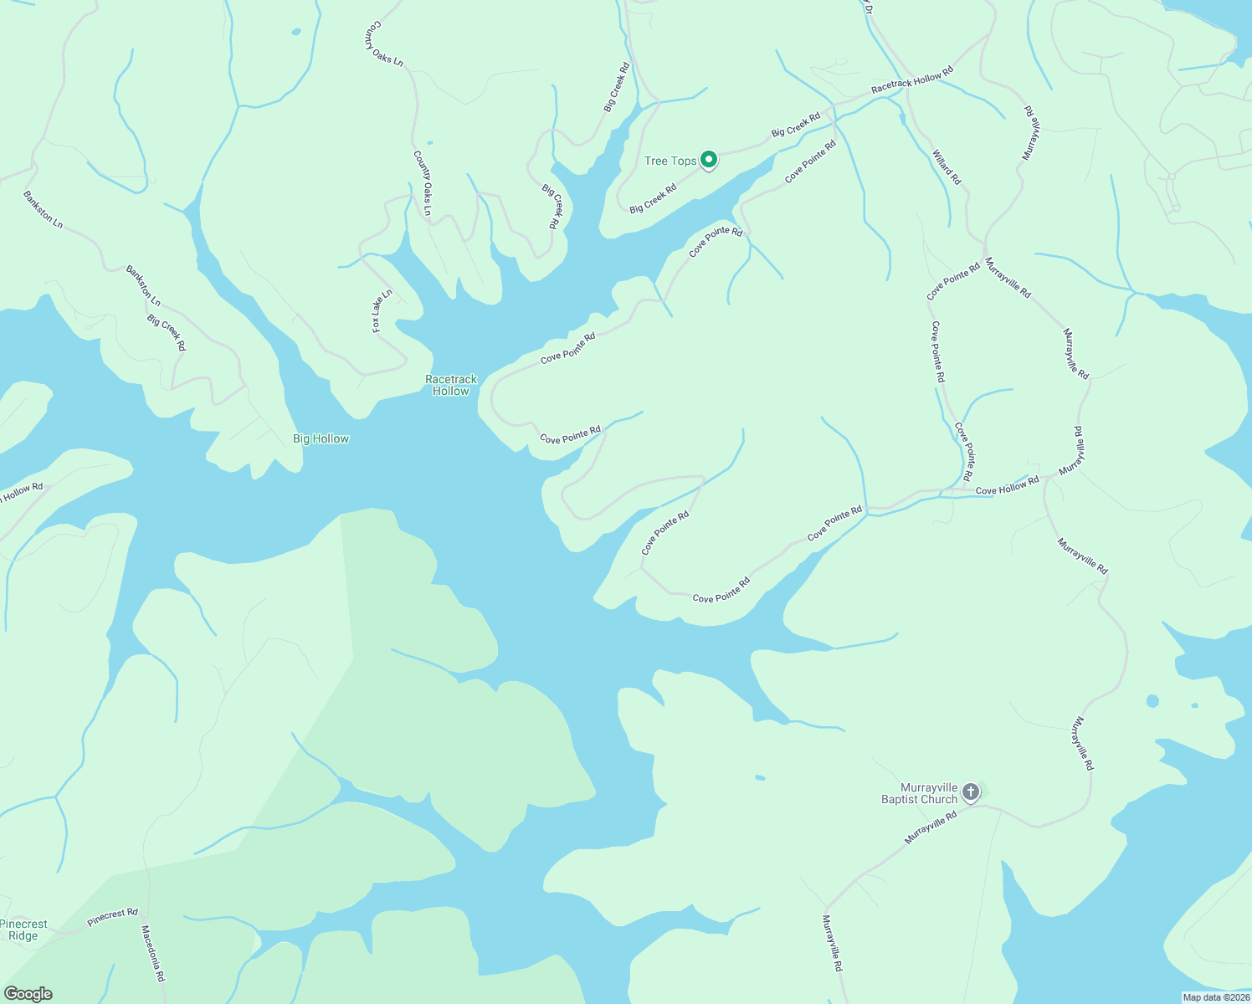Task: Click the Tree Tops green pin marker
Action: pyautogui.click(x=709, y=159)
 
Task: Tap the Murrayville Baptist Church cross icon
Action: pyautogui.click(x=971, y=791)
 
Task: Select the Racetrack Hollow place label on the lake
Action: pyautogui.click(x=451, y=385)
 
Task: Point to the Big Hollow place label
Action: pyautogui.click(x=321, y=438)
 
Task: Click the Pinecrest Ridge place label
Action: pyautogui.click(x=23, y=930)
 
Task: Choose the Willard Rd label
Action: pyautogui.click(x=947, y=166)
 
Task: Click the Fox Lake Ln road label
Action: pyautogui.click(x=382, y=311)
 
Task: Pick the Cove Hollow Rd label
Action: pyautogui.click(x=1007, y=485)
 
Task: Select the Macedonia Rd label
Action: pyautogui.click(x=153, y=953)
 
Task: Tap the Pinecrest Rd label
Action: pyautogui.click(x=112, y=917)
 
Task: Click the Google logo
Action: pyautogui.click(x=28, y=994)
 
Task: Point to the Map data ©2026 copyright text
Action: pyautogui.click(x=1215, y=997)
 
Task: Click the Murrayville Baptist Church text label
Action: pyautogui.click(x=919, y=793)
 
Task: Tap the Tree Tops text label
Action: pyautogui.click(x=670, y=161)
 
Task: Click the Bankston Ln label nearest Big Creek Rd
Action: pyautogui.click(x=143, y=285)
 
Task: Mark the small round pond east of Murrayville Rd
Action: pyautogui.click(x=1152, y=700)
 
